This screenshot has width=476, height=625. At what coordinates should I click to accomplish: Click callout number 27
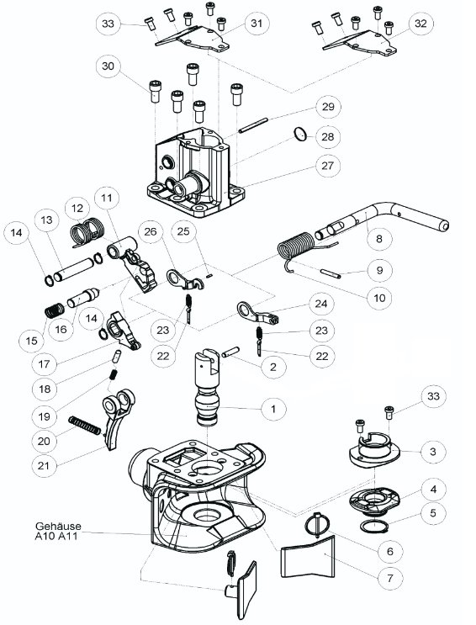327,166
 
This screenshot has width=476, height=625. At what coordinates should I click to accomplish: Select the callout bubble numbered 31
257,24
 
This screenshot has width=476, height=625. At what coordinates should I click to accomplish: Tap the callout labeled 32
420,24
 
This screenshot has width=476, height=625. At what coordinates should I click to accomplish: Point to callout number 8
378,238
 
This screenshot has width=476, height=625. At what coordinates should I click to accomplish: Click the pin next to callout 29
252,125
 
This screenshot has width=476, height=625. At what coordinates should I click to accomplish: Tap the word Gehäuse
58,526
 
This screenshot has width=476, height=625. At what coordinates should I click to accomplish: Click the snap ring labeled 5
374,526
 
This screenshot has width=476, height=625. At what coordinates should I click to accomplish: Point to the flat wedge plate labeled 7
309,557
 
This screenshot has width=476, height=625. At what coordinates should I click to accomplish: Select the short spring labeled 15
55,310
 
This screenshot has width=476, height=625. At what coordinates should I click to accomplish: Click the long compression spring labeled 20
84,426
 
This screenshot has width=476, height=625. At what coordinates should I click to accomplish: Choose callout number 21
44,465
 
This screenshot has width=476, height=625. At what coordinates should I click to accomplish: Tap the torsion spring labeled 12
87,232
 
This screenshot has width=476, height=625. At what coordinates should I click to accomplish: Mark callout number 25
183,231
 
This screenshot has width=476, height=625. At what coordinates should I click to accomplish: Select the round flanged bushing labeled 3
374,450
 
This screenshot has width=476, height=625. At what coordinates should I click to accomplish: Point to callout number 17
44,363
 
